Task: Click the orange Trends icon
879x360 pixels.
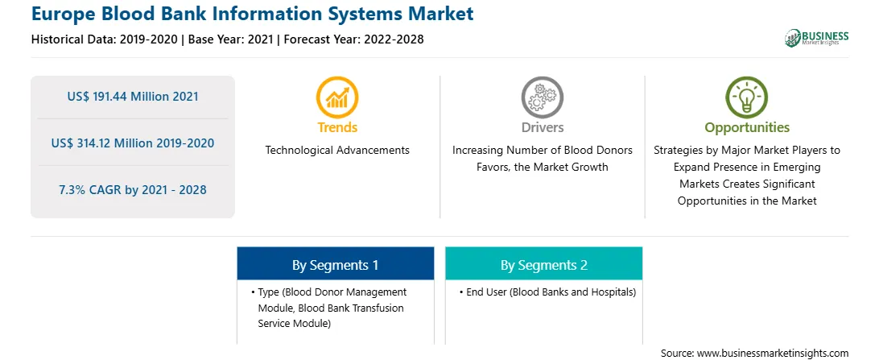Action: pyautogui.click(x=337, y=97)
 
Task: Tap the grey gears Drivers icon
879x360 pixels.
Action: pyautogui.click(x=542, y=97)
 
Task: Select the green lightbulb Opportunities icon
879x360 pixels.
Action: pyautogui.click(x=747, y=97)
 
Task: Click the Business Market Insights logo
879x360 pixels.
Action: pyautogui.click(x=817, y=38)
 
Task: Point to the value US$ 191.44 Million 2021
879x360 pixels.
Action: pyautogui.click(x=133, y=97)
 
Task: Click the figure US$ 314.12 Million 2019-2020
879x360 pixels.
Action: pyautogui.click(x=133, y=143)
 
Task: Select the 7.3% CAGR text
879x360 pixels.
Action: pyautogui.click(x=133, y=189)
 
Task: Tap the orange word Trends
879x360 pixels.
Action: pyautogui.click(x=337, y=127)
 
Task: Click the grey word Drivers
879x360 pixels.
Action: pyautogui.click(x=543, y=127)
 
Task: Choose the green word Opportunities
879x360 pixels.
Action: pyautogui.click(x=747, y=128)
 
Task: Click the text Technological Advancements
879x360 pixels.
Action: pyautogui.click(x=337, y=151)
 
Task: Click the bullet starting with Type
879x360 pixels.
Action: pyautogui.click(x=330, y=308)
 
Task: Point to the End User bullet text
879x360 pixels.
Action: pyautogui.click(x=547, y=292)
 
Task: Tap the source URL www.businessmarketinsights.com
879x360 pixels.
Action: pyautogui.click(x=773, y=353)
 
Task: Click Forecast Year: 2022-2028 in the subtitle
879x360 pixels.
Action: pyautogui.click(x=351, y=39)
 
